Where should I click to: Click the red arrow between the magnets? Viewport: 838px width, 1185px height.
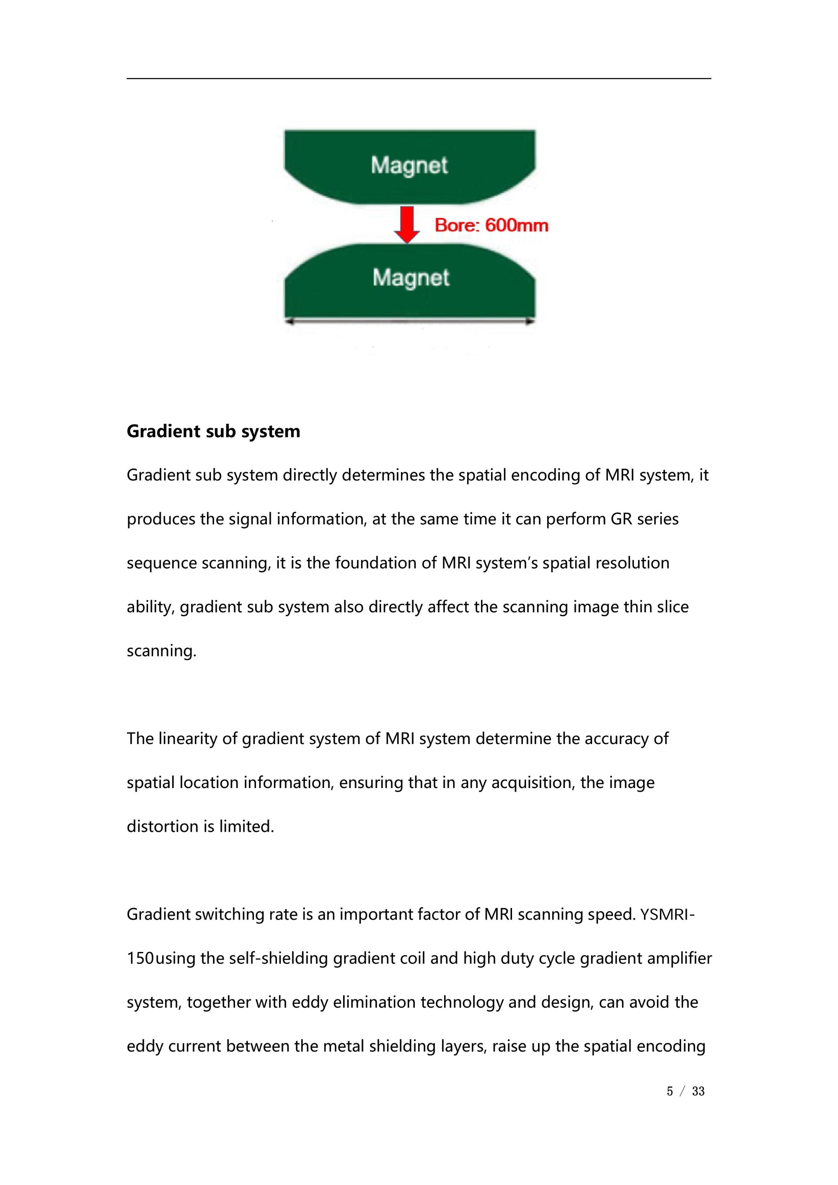407,224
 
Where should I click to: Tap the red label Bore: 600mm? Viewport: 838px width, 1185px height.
491,226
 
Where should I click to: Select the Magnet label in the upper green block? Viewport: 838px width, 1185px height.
409,166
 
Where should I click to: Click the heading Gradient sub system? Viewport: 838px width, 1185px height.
213,431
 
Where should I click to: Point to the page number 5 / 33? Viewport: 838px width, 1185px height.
685,1091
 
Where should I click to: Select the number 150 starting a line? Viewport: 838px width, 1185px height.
140,958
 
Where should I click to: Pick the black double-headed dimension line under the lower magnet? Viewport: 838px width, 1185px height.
410,322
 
